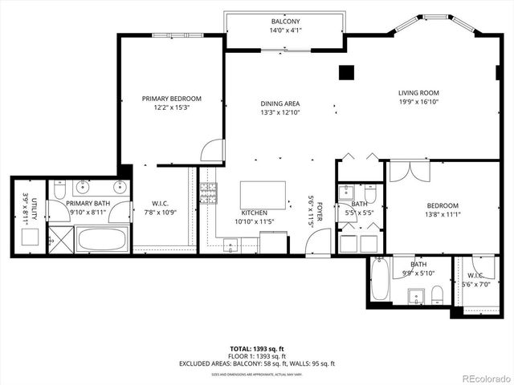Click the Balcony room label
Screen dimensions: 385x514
tap(285, 22)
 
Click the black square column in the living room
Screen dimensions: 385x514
tap(346, 72)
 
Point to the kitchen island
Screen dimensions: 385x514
tap(263, 195)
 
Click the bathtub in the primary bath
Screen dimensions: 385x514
tap(103, 238)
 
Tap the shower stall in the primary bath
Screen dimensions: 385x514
tap(59, 238)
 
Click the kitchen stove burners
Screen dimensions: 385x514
tap(208, 193)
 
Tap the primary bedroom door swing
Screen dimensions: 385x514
tap(211, 151)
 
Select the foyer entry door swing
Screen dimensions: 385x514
tap(320, 241)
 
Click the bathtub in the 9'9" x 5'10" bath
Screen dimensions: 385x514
tap(381, 280)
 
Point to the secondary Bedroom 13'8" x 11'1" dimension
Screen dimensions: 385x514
tap(442, 215)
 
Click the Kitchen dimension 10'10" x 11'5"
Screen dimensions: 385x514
tap(255, 221)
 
